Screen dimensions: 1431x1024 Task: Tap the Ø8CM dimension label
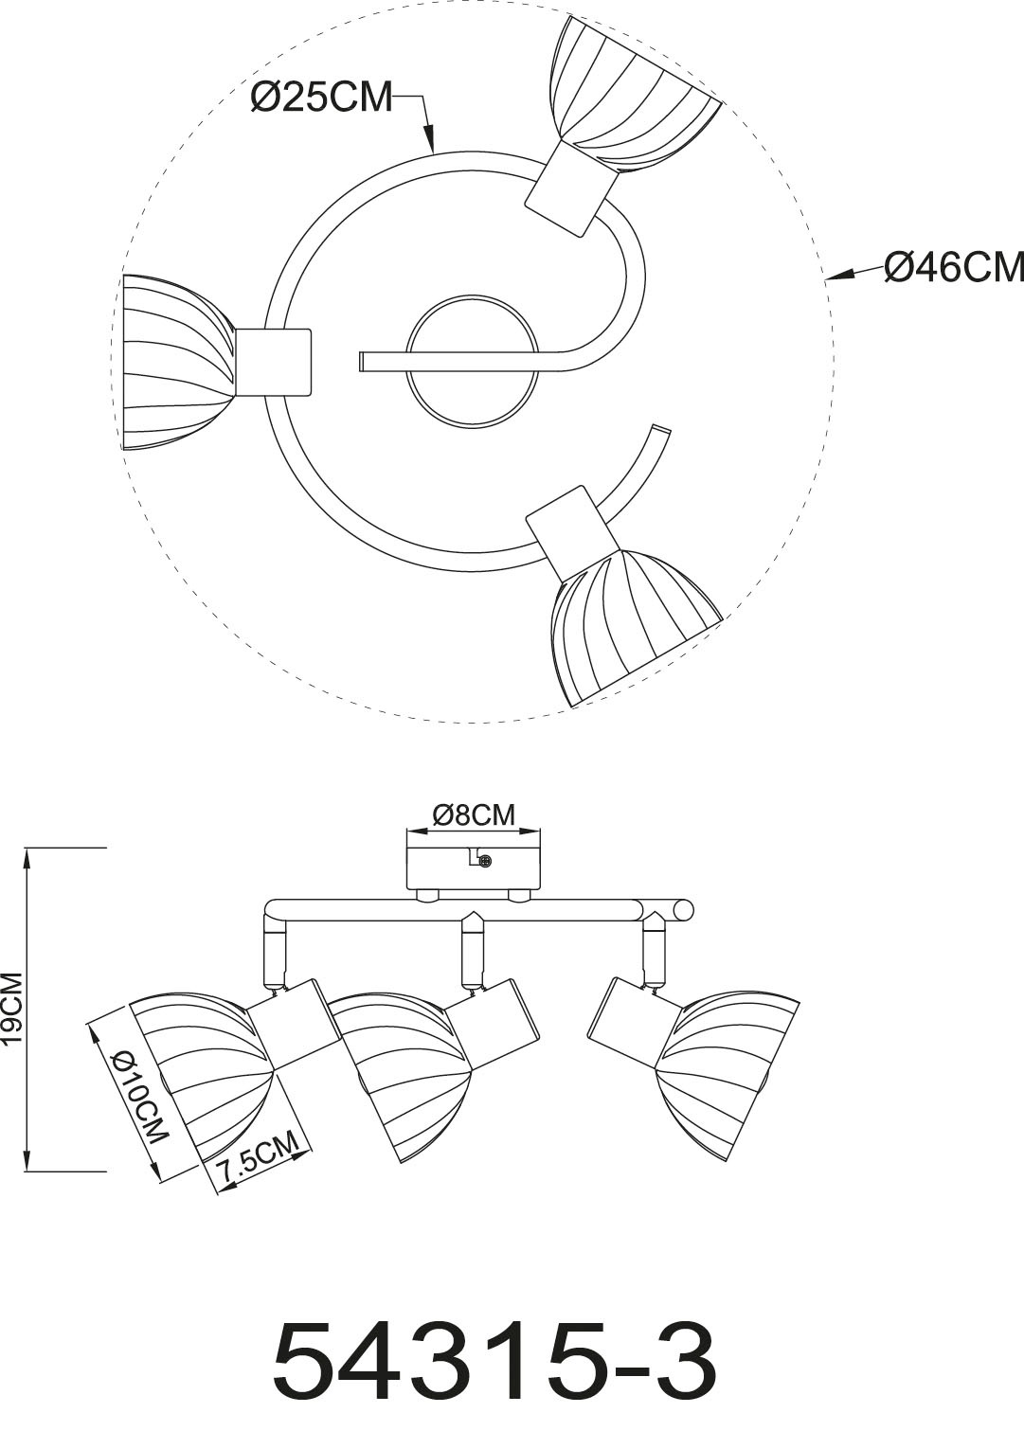tap(473, 814)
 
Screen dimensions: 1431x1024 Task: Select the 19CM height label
tap(14, 1010)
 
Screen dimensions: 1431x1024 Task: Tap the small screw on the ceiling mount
tap(486, 861)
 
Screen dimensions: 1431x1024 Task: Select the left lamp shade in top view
tap(175, 349)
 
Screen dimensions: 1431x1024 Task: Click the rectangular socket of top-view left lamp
tap(274, 362)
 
